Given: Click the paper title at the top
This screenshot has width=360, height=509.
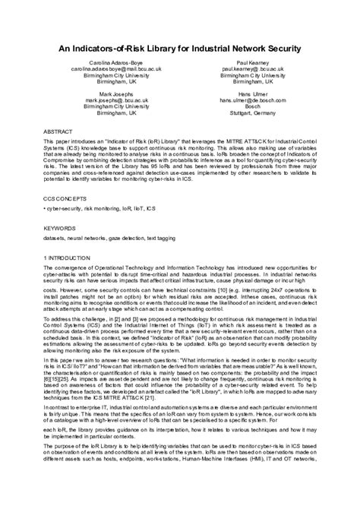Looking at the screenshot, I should [180, 47].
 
